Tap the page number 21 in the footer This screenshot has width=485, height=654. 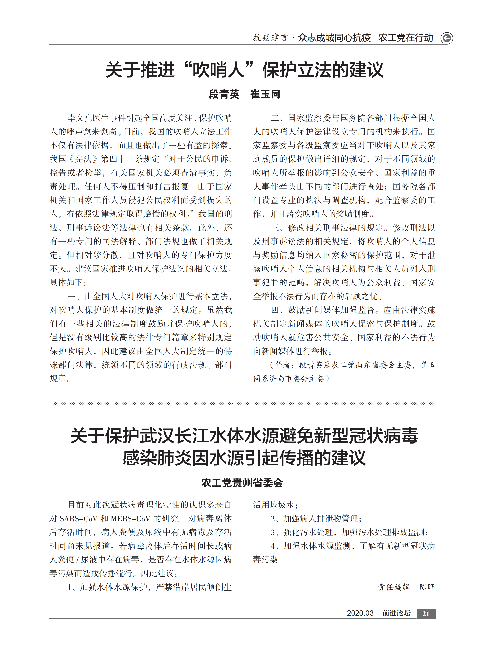pos(426,613)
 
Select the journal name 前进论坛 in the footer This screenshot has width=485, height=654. pos(396,613)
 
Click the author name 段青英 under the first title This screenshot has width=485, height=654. pos(224,94)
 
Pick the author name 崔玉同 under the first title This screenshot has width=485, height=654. pos(265,94)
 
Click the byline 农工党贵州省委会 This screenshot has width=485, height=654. pos(242,483)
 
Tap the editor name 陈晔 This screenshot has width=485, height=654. pos(427,587)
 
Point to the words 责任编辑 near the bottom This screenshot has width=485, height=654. pos(394,587)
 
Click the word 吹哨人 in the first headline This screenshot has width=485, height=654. pos(219,70)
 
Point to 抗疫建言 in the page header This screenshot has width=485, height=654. pos(270,38)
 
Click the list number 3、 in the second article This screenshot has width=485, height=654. pos(274,532)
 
